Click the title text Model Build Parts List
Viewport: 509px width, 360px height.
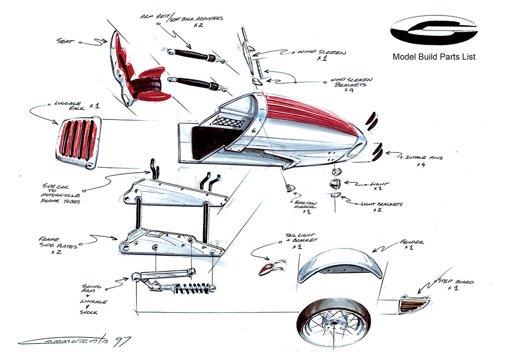tap(434, 57)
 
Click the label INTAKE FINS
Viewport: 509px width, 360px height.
tap(425, 158)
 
